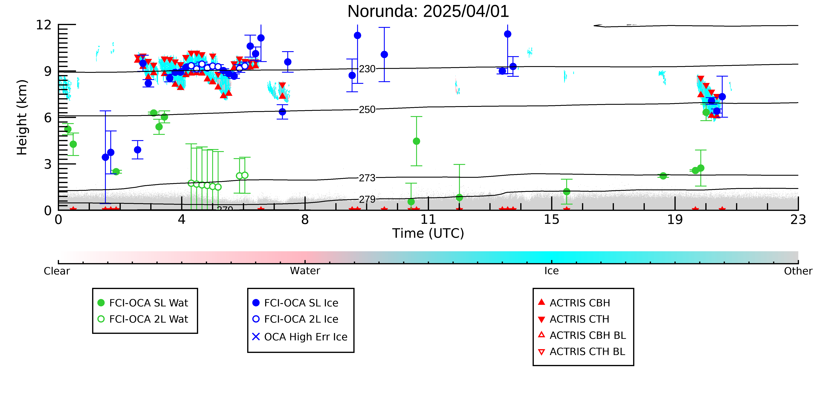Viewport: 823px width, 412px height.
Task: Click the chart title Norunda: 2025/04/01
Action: pos(428,12)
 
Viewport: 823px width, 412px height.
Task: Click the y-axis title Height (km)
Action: pos(22,117)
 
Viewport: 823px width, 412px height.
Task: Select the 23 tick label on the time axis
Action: pos(798,220)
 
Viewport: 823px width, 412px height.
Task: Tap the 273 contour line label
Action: pos(367,178)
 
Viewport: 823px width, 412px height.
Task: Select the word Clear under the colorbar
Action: pos(57,271)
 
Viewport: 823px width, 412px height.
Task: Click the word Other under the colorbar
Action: pos(798,271)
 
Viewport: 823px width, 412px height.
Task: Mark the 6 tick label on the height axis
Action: pos(48,118)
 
